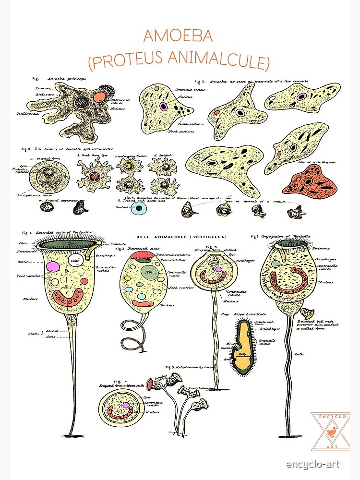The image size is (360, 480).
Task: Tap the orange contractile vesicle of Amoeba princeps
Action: pos(100,97)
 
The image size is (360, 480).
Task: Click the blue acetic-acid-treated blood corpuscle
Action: pos(139,208)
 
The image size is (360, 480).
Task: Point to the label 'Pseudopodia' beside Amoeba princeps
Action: pos(27,114)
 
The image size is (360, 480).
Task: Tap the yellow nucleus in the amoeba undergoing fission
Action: pos(128,167)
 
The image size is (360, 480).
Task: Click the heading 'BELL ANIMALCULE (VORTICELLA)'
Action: pos(181,237)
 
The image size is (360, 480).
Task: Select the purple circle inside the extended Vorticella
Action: pos(53,266)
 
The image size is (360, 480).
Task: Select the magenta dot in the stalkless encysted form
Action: pos(126,405)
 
